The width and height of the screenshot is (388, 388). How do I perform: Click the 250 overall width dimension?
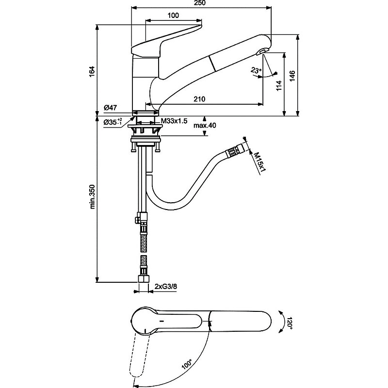199,3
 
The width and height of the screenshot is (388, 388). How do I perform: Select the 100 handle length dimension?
173,16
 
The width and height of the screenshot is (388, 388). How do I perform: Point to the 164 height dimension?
92,71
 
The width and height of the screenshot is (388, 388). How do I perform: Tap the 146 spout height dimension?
292,76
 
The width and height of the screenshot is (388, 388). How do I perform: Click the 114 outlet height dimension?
279,86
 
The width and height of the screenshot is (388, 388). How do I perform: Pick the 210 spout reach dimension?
199,99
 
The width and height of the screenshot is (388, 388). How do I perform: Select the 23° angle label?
256,70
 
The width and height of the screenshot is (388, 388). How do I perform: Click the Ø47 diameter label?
111,108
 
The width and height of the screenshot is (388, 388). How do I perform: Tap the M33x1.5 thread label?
174,121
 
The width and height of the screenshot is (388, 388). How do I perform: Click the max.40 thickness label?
205,126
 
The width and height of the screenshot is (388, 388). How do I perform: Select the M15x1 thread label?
259,162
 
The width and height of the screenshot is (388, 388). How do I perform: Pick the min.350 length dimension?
92,197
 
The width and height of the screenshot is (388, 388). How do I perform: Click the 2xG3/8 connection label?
166,287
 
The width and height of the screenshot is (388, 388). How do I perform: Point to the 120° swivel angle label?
290,323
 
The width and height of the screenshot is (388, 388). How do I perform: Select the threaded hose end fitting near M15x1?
234,150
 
